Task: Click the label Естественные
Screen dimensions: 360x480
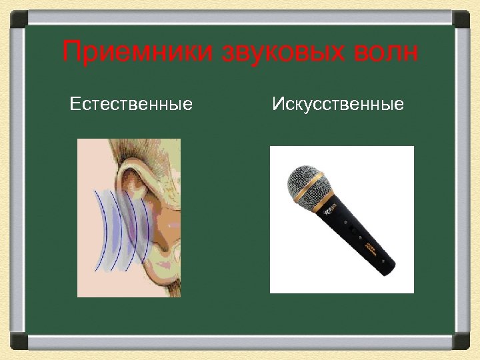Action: point(131,104)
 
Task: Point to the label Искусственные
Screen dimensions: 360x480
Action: point(338,104)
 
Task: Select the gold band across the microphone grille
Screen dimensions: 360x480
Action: point(316,197)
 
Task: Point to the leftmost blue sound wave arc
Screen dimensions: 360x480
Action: point(97,230)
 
